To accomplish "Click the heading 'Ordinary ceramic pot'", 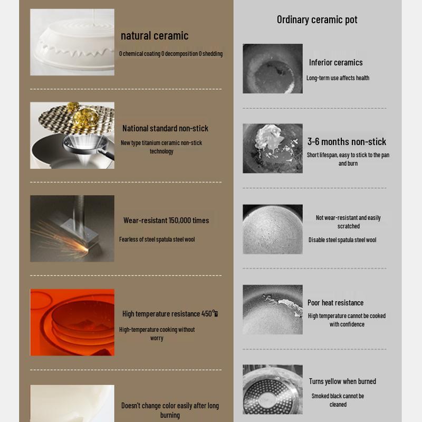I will click(x=317, y=20).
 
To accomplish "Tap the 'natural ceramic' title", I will click(x=154, y=36).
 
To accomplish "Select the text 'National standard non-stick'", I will click(x=165, y=128).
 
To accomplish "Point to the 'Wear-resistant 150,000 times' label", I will click(x=166, y=220).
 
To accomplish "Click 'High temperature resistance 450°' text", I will click(x=170, y=314).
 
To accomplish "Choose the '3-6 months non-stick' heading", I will click(x=347, y=141).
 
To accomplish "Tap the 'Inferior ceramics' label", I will click(x=335, y=62).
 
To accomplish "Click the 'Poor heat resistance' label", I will click(x=335, y=303).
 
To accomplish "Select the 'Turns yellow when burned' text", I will click(x=342, y=381).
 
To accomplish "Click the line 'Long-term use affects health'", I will click(x=338, y=78).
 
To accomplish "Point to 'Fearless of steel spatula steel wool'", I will click(x=157, y=239).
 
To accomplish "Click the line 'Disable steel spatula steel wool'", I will click(x=342, y=240).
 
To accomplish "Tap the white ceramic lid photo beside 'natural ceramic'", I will click(x=72, y=42).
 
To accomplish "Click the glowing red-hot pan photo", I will click(x=72, y=322).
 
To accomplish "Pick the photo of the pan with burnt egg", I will click(x=273, y=148).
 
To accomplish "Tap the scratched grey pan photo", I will click(x=273, y=229).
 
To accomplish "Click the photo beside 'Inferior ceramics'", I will click(x=273, y=69).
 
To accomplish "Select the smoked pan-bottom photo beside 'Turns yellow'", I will click(x=273, y=389).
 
